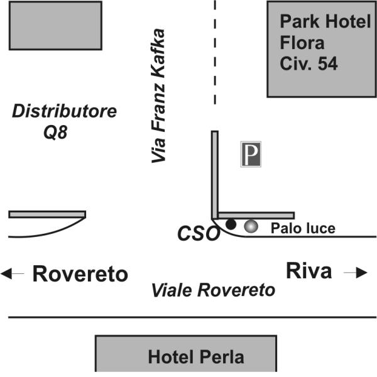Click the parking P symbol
click(x=251, y=154)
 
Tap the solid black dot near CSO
click(x=231, y=224)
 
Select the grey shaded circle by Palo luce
click(x=251, y=226)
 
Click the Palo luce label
click(x=303, y=228)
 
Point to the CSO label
click(x=199, y=233)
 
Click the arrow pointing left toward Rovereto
click(x=13, y=273)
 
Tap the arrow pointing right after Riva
click(x=356, y=273)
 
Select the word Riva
click(x=309, y=271)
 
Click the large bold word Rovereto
click(x=80, y=273)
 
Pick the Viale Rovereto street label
click(x=213, y=290)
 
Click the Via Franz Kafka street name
click(x=158, y=96)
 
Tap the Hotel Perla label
click(x=196, y=357)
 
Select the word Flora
click(x=302, y=43)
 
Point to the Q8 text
click(x=55, y=132)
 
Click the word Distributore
click(x=65, y=111)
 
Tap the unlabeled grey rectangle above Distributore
click(x=55, y=26)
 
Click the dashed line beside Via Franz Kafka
click(x=215, y=52)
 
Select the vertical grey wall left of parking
click(x=215, y=175)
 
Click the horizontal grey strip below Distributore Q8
click(x=47, y=214)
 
